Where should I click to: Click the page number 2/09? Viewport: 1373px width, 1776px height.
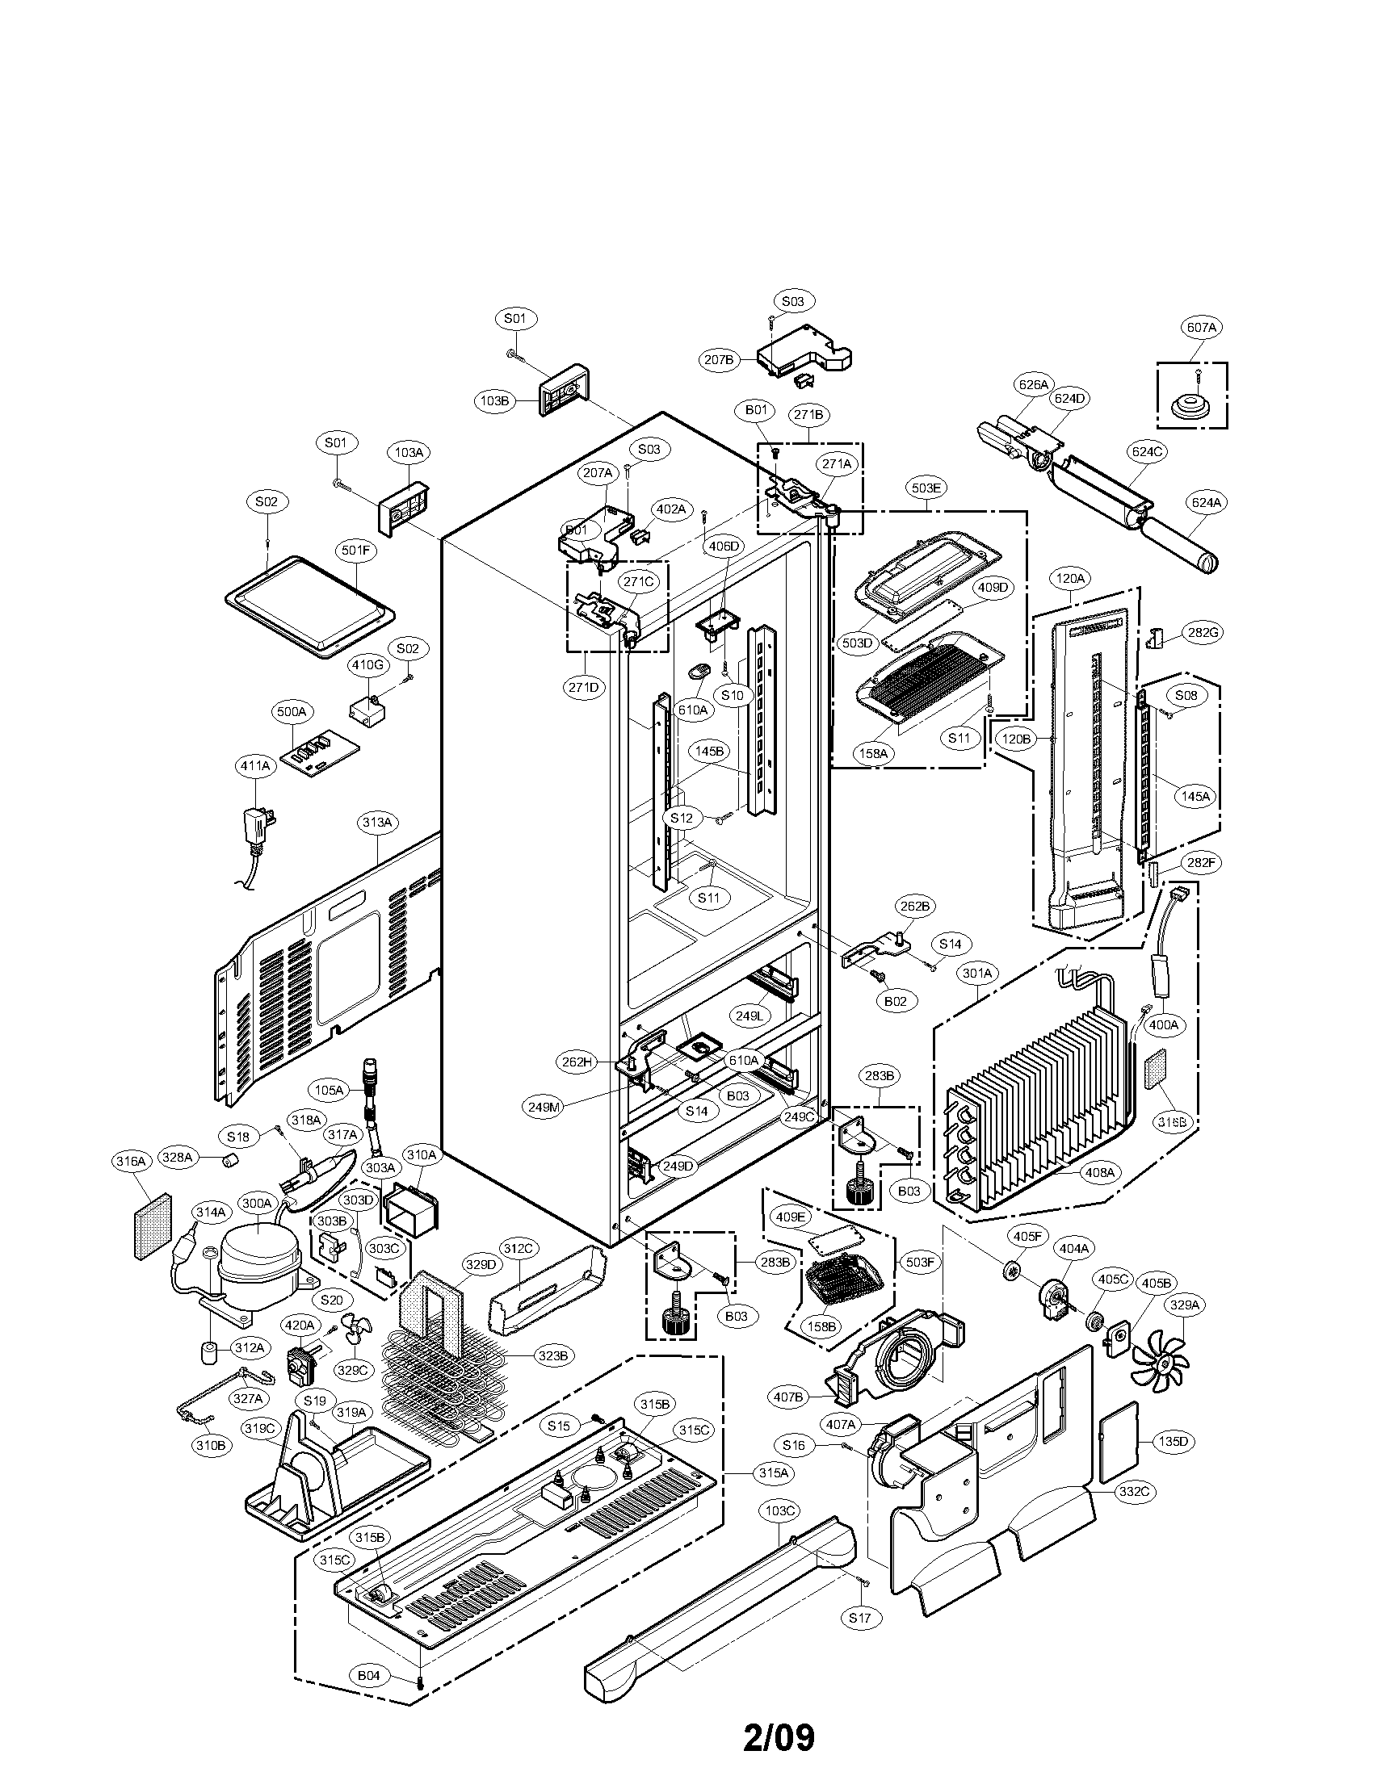779,1733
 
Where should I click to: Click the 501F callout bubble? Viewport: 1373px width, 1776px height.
355,551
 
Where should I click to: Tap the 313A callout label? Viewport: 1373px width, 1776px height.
377,823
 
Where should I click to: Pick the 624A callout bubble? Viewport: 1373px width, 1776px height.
1207,504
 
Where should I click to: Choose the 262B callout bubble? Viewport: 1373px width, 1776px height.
914,906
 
